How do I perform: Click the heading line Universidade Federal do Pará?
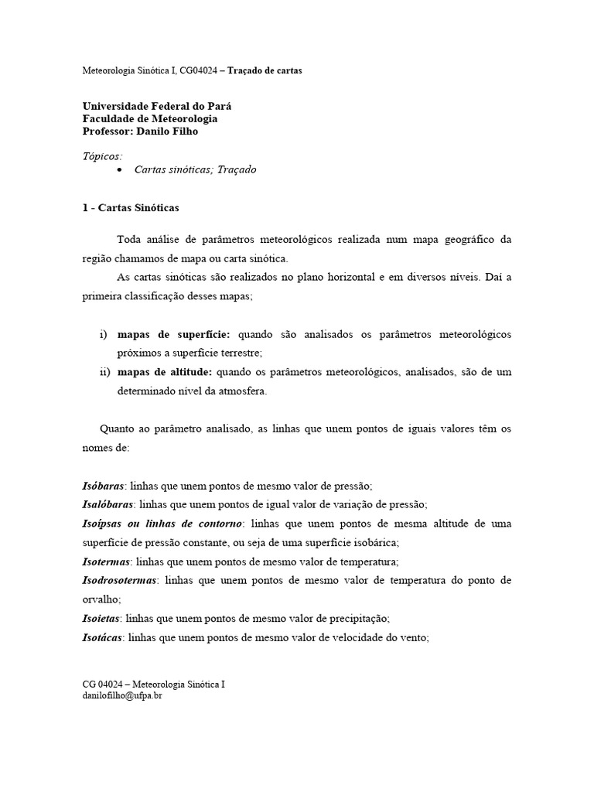point(157,107)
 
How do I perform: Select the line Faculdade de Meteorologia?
point(150,119)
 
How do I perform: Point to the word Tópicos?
point(102,155)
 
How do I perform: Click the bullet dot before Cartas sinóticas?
point(118,170)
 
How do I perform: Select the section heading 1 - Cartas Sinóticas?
point(131,208)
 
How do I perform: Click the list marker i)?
point(104,334)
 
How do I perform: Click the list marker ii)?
point(105,372)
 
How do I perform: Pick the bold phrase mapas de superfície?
point(174,334)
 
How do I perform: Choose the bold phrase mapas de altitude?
point(165,372)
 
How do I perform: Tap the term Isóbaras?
point(104,486)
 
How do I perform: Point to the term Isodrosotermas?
point(120,580)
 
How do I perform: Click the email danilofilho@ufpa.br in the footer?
point(122,695)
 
